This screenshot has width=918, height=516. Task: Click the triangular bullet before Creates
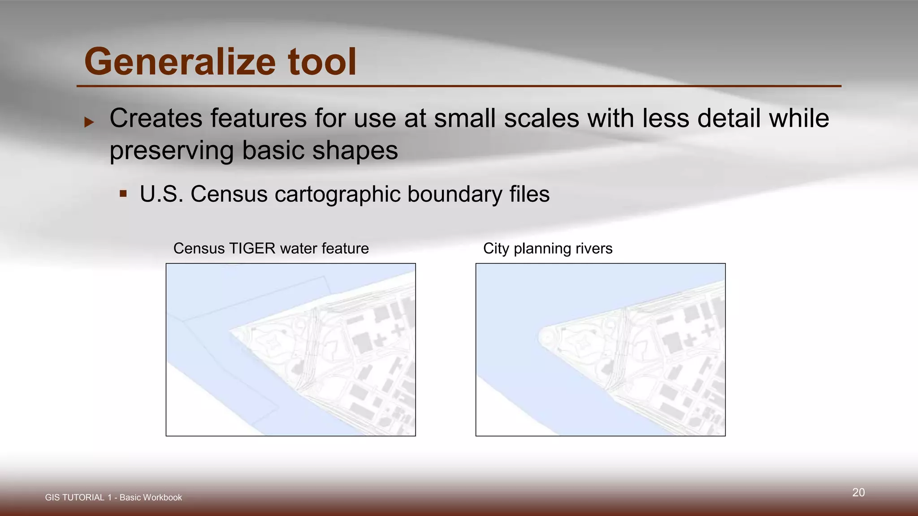[89, 122]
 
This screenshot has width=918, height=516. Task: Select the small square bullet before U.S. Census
[123, 194]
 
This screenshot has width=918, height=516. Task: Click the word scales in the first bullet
[541, 119]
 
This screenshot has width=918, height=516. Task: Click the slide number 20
[858, 493]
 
